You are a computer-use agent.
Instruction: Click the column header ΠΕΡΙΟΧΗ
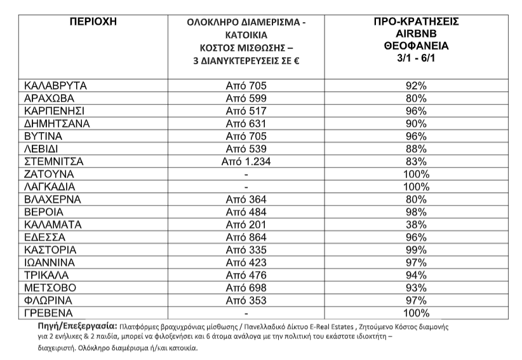click(x=92, y=22)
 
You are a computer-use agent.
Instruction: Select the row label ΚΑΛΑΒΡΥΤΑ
click(x=55, y=85)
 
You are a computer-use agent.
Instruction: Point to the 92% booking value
click(x=417, y=85)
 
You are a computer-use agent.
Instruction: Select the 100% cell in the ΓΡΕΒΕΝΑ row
click(x=417, y=314)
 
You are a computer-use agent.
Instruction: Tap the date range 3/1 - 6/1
click(x=417, y=58)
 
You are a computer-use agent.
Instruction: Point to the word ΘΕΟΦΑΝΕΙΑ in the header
click(x=417, y=46)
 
